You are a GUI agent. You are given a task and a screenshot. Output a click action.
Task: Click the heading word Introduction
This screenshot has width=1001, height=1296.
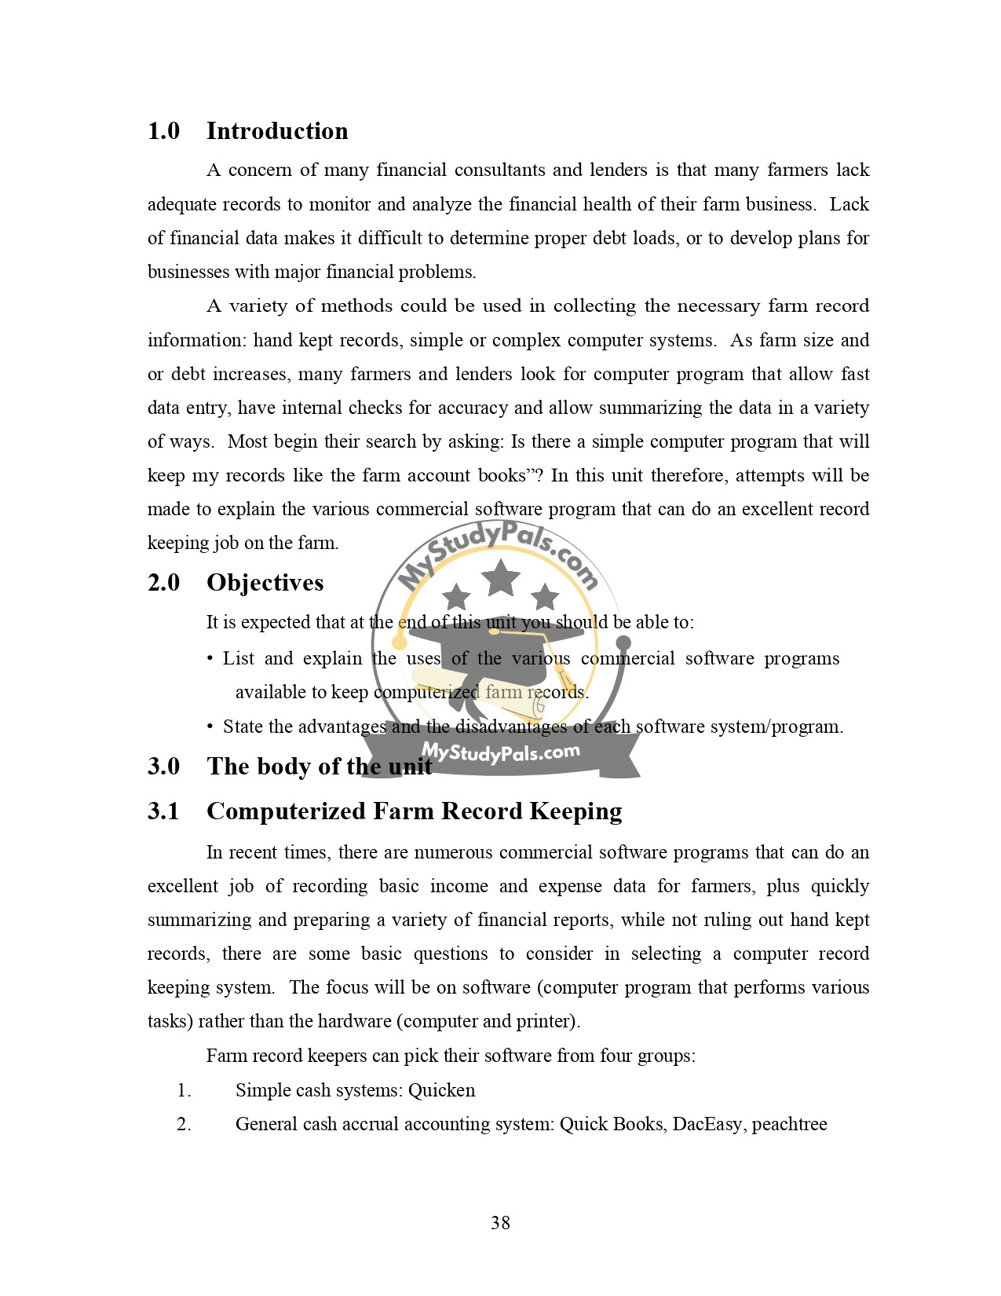[277, 131]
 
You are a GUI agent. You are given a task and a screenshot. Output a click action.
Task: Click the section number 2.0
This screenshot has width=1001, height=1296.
[163, 583]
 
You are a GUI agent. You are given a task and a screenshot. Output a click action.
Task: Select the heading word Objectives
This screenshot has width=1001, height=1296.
[265, 583]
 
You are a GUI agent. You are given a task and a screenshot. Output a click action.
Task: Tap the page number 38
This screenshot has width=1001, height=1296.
[500, 1222]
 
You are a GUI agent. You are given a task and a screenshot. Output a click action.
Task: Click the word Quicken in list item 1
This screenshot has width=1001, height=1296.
[441, 1090]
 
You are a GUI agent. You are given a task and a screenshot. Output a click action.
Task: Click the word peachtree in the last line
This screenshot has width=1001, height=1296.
[789, 1124]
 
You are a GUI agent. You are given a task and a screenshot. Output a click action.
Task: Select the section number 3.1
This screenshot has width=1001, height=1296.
[163, 811]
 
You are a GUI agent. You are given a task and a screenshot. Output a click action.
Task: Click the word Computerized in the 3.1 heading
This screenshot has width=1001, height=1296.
[286, 811]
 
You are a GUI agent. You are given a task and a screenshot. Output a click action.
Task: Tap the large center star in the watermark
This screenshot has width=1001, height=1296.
[500, 577]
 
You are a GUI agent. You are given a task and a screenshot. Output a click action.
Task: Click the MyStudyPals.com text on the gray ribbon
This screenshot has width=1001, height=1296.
[500, 752]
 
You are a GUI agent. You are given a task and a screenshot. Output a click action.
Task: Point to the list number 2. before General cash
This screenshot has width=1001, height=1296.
[184, 1124]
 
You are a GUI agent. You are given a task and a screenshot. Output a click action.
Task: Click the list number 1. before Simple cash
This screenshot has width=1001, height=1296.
[184, 1090]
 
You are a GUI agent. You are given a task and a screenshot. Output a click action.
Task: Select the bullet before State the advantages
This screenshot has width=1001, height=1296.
[210, 727]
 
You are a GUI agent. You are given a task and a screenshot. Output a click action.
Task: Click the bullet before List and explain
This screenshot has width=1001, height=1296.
[210, 658]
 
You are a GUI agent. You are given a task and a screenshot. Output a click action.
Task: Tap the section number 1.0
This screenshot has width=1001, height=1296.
[163, 131]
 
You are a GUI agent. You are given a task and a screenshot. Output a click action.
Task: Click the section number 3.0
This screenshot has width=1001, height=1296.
[163, 767]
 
